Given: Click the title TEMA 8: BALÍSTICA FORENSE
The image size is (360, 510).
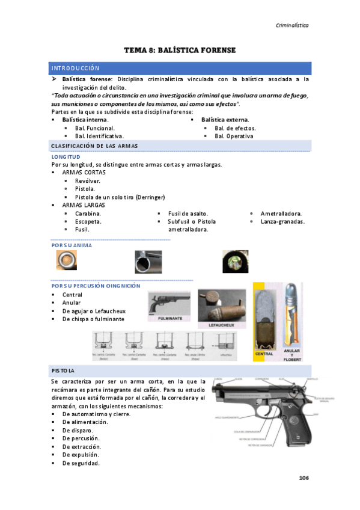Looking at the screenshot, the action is [x=180, y=50].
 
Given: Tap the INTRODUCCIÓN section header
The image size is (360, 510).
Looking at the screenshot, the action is [x=75, y=68].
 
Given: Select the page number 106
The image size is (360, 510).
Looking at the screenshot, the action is [x=304, y=478].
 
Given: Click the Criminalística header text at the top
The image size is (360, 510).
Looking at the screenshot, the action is [x=291, y=25].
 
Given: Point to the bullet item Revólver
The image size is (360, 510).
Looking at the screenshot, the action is [x=88, y=181].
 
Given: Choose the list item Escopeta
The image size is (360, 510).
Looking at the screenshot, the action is [x=88, y=221].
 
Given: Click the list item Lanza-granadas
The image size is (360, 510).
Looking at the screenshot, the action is [x=282, y=221].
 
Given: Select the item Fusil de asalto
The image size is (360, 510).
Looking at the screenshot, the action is [x=188, y=214].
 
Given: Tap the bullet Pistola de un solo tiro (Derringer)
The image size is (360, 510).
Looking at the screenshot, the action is [x=120, y=197].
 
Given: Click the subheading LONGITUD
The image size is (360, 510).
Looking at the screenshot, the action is [x=66, y=157].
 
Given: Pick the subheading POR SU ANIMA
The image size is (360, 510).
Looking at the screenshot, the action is [x=72, y=245].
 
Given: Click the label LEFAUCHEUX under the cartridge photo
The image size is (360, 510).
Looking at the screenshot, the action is [x=220, y=324].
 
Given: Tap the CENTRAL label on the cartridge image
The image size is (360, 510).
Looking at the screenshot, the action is [x=264, y=354].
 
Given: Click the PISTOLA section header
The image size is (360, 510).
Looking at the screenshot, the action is [x=63, y=369].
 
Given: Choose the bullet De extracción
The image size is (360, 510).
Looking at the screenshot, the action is [x=82, y=447].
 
